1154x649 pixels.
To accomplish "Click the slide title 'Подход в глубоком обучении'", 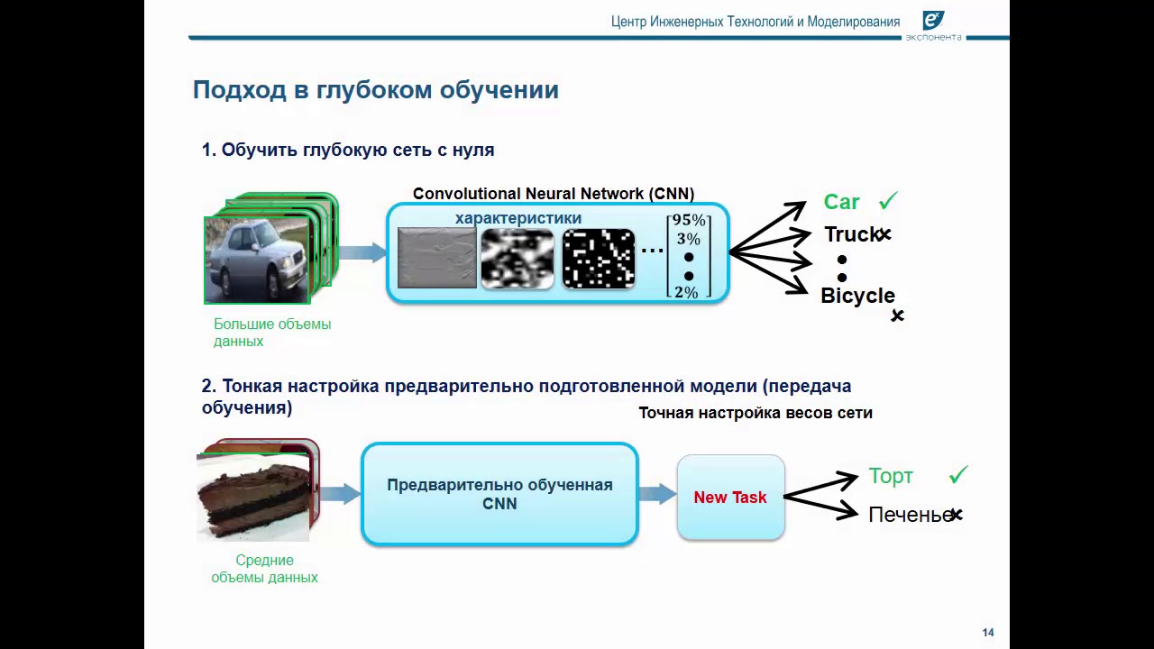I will coord(375,90).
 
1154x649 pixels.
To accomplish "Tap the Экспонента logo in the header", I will coord(933,23).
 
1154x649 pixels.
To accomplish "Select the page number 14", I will coord(988,633).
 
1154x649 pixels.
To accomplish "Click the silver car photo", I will coord(258,259).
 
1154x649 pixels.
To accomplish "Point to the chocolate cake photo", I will coord(253,496).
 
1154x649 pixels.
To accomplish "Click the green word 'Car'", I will coord(841,202).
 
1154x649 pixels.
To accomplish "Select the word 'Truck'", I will coord(851,234).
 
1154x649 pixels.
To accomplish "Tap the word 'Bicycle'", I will coord(857,296).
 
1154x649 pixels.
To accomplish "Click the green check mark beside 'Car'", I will coord(888,201).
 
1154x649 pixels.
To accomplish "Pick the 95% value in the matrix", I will coord(689,221).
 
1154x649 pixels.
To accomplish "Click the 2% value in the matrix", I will coord(687,292).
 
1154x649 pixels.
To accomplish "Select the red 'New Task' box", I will coord(730,498).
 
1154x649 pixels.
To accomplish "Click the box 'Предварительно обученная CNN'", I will coord(499,494).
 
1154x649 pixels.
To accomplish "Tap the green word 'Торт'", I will coord(891,476).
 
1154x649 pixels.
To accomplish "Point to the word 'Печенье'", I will coord(909,515).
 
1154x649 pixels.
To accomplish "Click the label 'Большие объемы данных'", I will coord(271,333).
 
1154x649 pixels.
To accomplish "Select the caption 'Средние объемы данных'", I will coord(264,569).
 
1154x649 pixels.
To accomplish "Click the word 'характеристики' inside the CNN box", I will coord(518,218).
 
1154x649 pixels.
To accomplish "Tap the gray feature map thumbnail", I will coord(437,259).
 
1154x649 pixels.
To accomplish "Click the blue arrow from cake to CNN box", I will coord(340,494).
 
